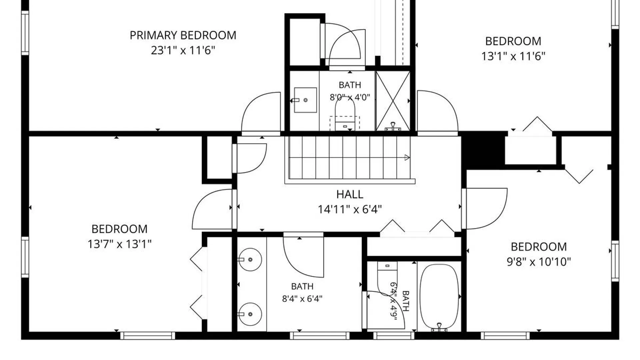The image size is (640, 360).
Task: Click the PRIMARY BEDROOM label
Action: (x=183, y=35)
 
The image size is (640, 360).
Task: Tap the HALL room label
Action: (x=350, y=194)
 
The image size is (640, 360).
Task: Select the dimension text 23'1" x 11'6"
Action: (x=183, y=50)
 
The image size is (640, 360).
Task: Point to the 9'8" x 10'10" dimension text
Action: (x=539, y=262)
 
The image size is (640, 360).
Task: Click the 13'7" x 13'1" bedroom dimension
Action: (x=119, y=244)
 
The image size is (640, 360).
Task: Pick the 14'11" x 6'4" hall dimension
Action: (x=350, y=209)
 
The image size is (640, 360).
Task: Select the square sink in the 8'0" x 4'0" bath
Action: (x=305, y=100)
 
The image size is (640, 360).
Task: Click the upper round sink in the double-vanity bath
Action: (x=250, y=259)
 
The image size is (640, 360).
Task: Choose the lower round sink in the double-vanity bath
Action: (x=250, y=314)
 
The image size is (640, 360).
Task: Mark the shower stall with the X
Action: (x=393, y=101)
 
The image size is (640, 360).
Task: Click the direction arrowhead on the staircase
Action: (x=407, y=157)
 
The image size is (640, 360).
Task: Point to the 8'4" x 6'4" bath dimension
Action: (x=302, y=299)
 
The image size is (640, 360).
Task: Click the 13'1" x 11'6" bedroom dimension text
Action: (x=513, y=56)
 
